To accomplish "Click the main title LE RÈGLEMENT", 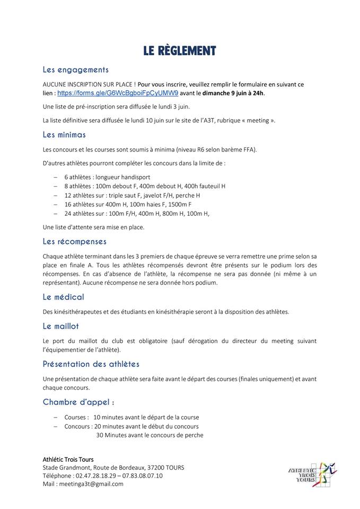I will (180, 51).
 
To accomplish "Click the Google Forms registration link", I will (110, 93).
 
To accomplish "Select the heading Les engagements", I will (75, 69).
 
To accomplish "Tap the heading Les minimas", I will (64, 135).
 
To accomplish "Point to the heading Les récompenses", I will (75, 241).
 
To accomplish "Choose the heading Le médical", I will (63, 297).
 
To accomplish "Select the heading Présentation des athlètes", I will (91, 364).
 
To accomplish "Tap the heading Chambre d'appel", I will (79, 402).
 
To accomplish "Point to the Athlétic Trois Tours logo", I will (312, 470).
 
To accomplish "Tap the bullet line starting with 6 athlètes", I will (107, 177).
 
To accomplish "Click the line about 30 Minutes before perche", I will (150, 435).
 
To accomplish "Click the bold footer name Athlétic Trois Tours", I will (68, 459).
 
